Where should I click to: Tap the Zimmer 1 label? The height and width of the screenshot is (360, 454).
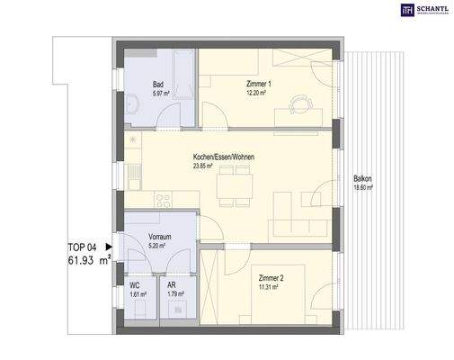[258, 84]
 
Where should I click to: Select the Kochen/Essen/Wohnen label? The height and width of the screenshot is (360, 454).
[223, 157]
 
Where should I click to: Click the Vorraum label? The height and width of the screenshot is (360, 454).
[159, 236]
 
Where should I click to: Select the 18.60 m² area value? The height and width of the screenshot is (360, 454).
[363, 188]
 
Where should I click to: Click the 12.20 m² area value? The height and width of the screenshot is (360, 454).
[258, 93]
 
